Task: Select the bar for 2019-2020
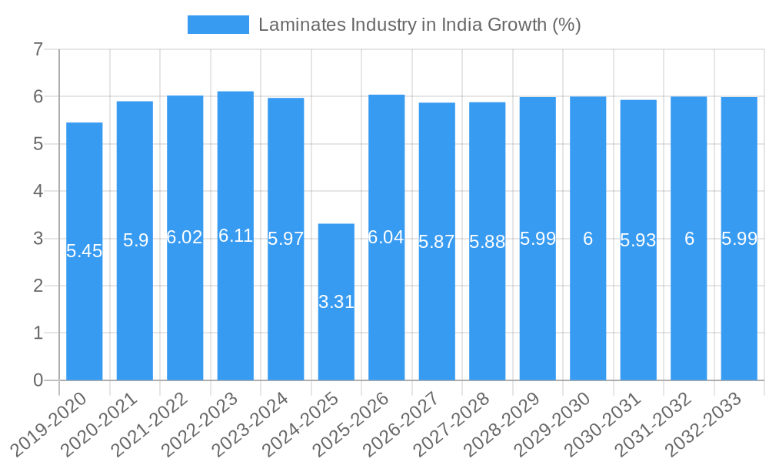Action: point(85,308)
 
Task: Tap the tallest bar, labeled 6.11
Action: point(235,308)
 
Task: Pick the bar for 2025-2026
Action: point(386,308)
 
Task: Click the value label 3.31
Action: point(336,302)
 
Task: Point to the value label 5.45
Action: point(85,251)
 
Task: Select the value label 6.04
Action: point(386,237)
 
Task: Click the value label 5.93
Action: point(638,240)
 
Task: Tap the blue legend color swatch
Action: point(218,25)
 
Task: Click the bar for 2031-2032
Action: point(689,308)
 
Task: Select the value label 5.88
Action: point(488,242)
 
